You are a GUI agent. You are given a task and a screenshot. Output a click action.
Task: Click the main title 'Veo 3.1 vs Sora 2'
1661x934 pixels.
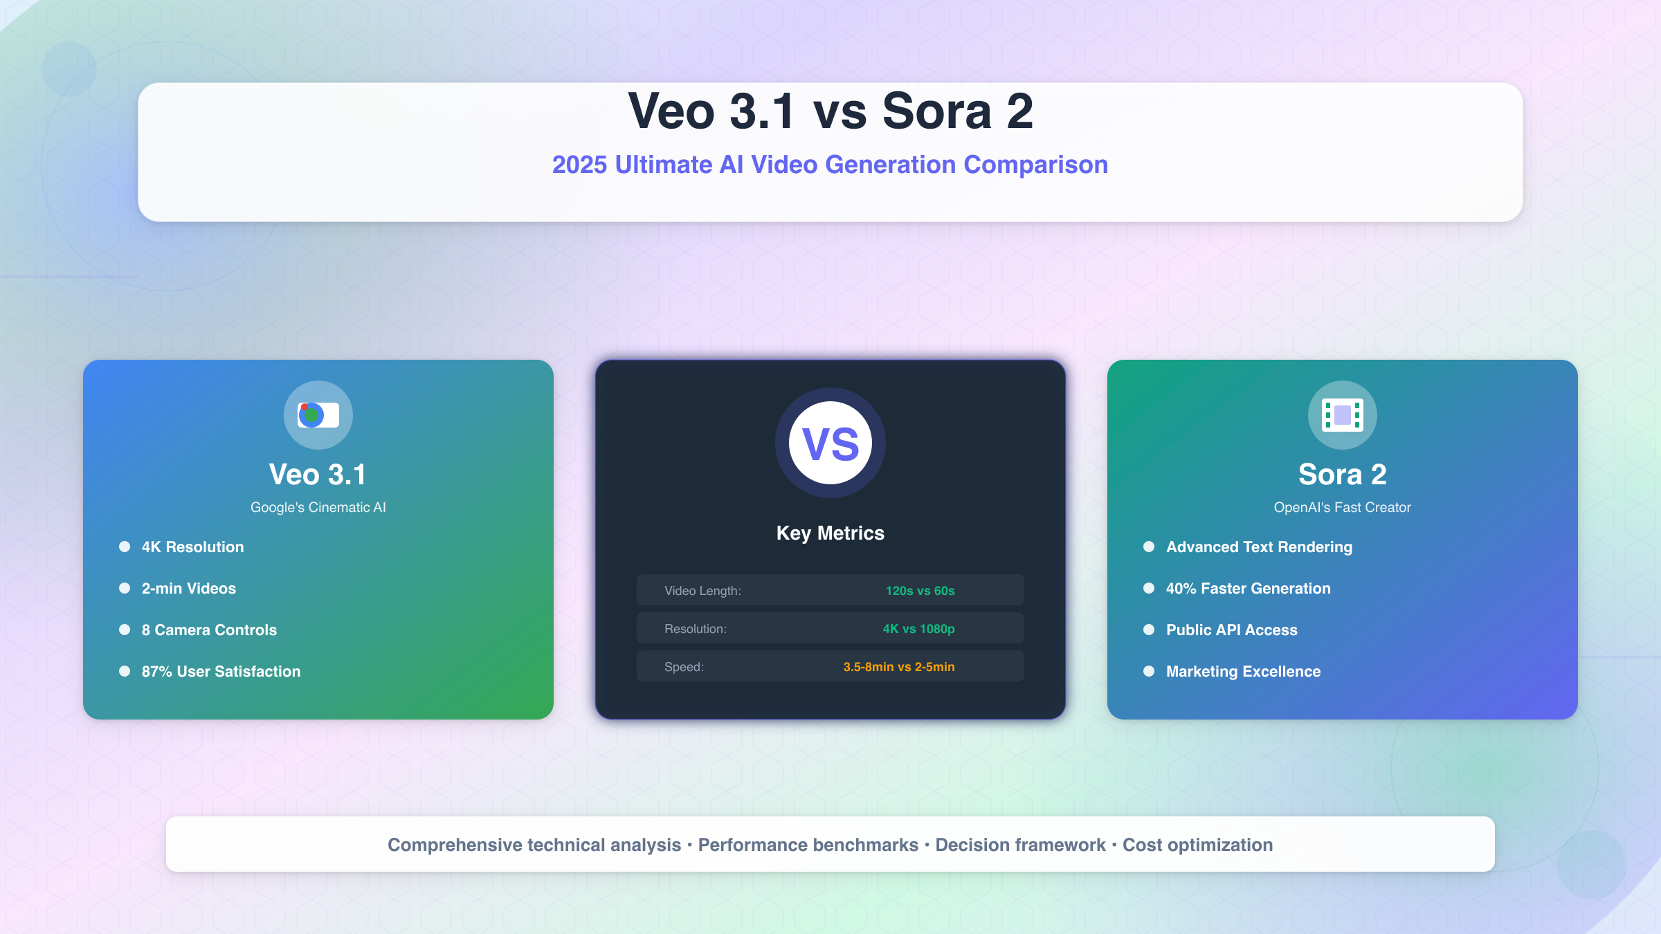[x=831, y=111]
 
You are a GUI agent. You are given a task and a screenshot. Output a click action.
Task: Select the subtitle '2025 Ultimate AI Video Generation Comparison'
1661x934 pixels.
[x=830, y=165]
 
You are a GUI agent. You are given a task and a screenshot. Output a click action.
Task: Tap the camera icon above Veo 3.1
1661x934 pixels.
[x=318, y=415]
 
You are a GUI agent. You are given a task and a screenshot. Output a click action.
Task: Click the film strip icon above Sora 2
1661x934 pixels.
[x=1342, y=415]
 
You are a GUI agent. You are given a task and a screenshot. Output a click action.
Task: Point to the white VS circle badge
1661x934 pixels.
[x=831, y=443]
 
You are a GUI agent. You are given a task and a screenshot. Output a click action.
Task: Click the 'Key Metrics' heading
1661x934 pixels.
[x=830, y=533]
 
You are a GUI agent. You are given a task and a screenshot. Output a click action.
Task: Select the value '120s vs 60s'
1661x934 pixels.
[x=920, y=591]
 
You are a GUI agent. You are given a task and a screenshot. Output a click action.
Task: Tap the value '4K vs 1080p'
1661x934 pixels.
[x=918, y=629]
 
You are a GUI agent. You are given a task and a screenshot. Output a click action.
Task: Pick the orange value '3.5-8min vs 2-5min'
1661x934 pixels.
[x=898, y=667]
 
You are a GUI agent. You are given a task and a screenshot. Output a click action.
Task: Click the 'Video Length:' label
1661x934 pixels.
[x=702, y=591]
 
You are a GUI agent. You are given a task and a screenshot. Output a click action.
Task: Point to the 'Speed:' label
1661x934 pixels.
[x=684, y=667]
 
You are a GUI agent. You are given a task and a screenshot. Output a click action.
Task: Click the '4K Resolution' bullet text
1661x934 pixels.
[x=192, y=547]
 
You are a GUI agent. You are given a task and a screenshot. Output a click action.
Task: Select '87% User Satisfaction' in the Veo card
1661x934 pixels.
[x=221, y=672]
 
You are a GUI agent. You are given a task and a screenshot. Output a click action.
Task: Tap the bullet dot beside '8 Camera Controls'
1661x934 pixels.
[x=125, y=630]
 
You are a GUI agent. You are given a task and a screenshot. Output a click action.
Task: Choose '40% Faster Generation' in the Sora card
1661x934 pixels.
[x=1248, y=589]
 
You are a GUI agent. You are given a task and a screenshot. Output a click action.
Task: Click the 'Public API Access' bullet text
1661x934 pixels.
[x=1231, y=630]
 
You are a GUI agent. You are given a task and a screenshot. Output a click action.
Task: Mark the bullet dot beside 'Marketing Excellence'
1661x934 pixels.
[x=1149, y=671]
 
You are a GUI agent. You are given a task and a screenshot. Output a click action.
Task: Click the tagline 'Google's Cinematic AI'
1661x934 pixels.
[x=318, y=507]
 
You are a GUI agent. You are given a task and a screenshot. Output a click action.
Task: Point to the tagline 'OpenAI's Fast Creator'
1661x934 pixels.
[x=1342, y=507]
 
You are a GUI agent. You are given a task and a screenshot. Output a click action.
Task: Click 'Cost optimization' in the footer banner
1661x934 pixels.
[x=1197, y=845]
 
